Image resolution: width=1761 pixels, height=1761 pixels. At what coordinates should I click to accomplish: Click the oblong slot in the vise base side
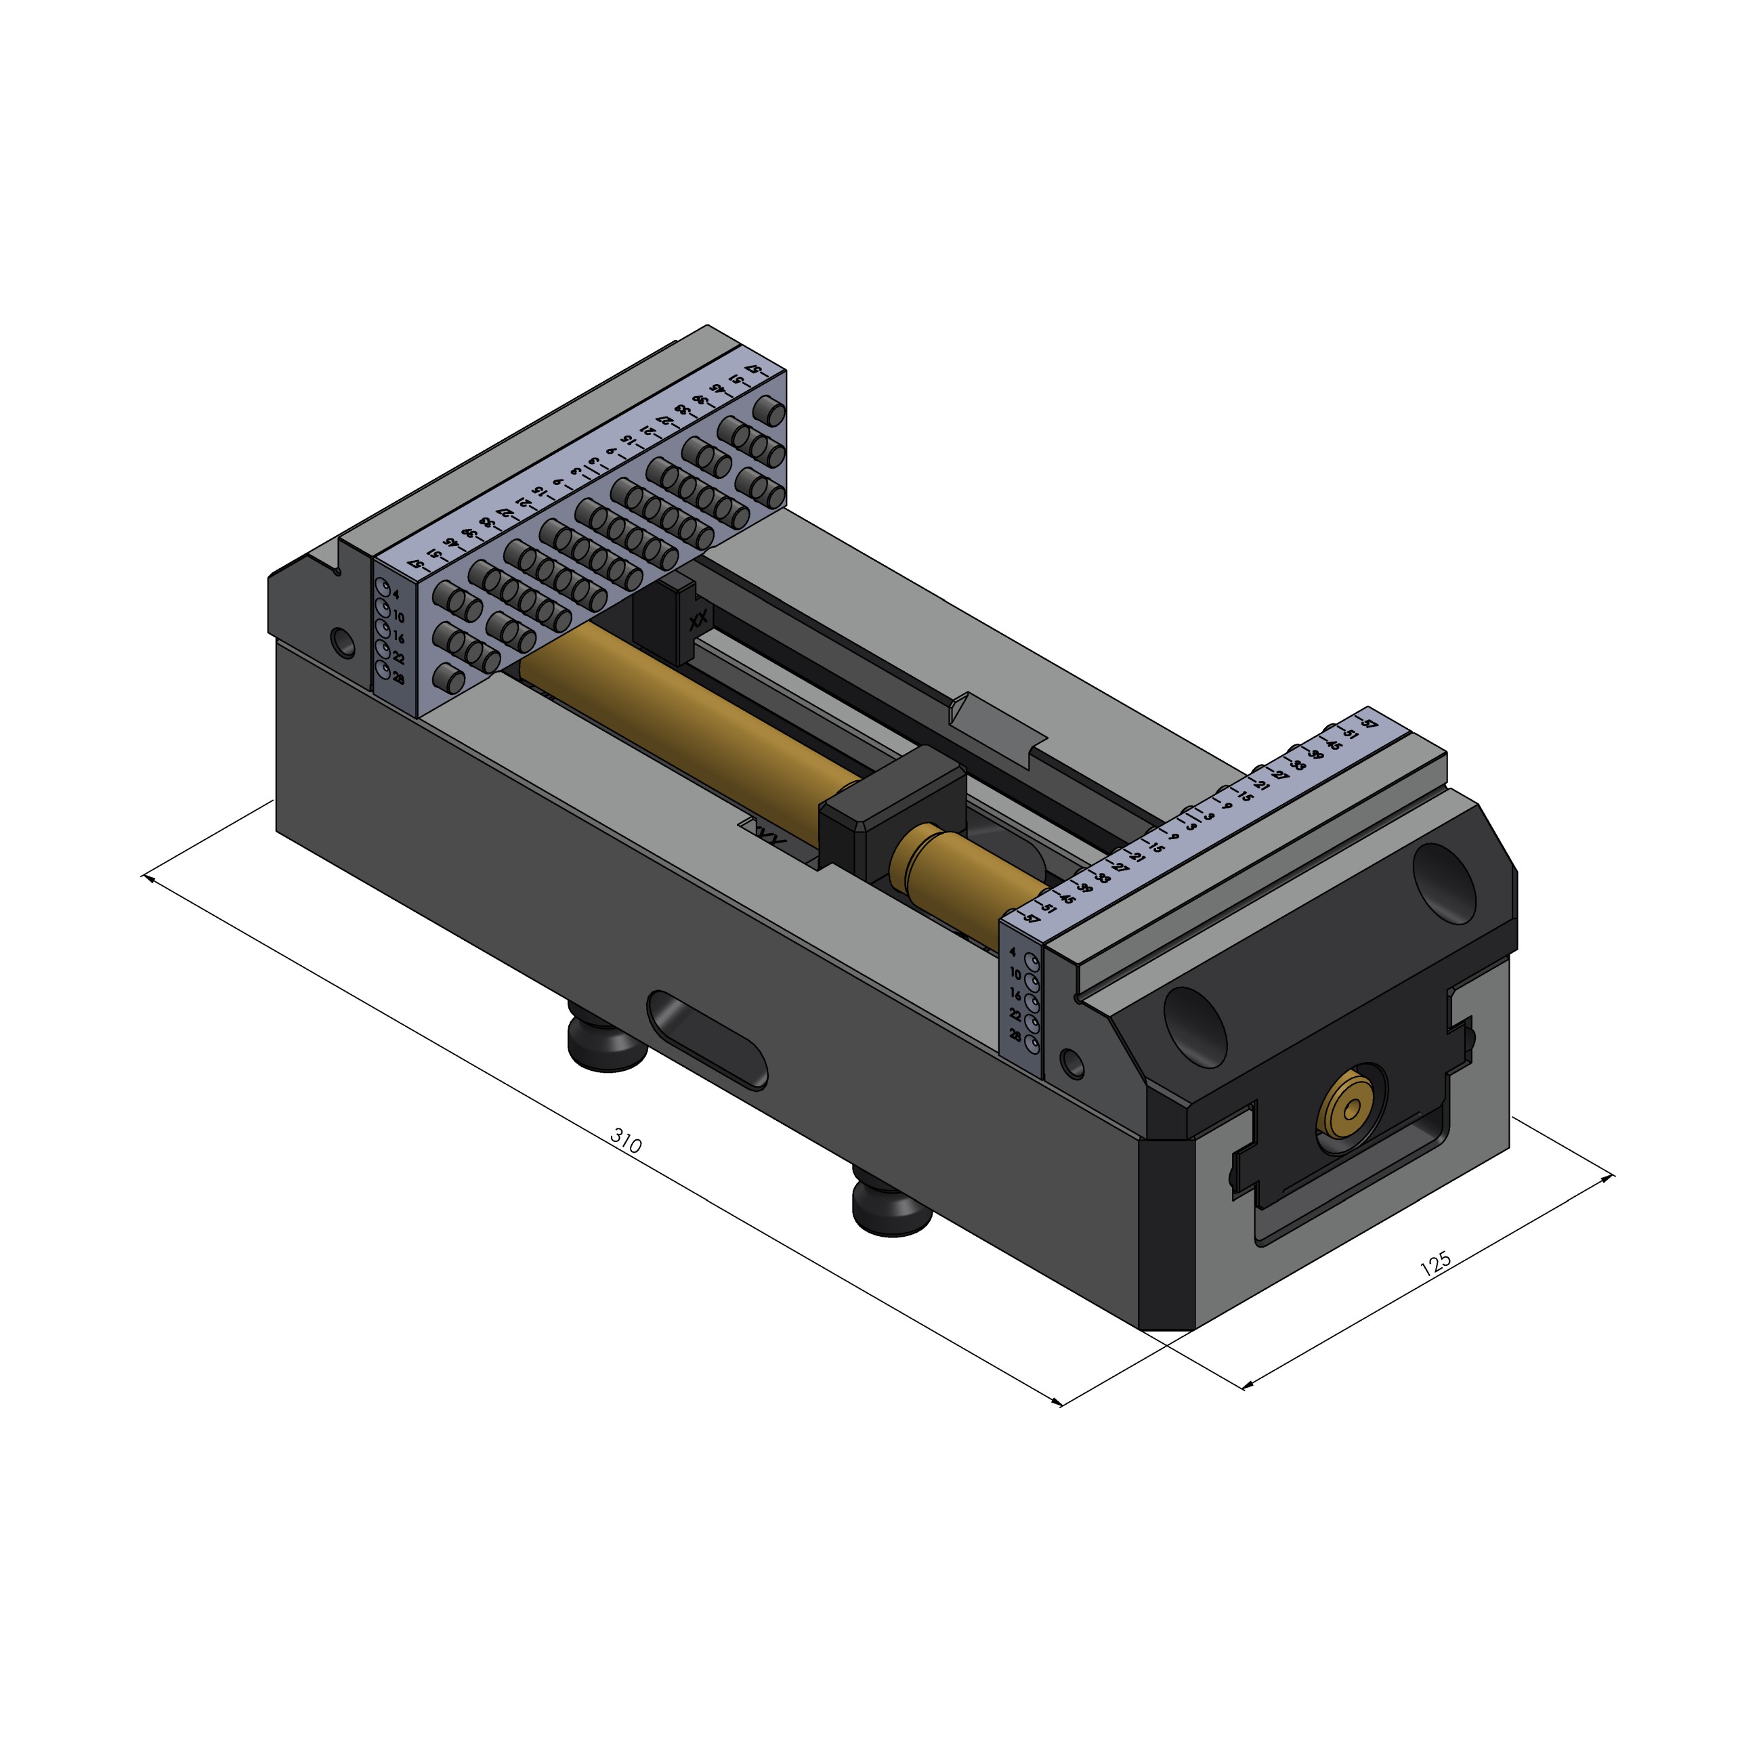(x=707, y=1039)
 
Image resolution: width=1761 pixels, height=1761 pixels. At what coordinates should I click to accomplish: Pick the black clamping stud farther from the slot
(x=891, y=1208)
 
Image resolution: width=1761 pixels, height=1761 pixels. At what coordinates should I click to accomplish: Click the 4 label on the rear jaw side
(x=395, y=594)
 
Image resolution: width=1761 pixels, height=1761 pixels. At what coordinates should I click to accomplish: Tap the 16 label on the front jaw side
(x=1015, y=996)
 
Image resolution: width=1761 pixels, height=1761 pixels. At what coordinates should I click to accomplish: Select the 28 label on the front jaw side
(x=1015, y=1036)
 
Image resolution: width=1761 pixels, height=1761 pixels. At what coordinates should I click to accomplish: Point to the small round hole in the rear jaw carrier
(x=343, y=641)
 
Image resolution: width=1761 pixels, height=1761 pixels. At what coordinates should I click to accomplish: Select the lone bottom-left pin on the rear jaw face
(x=446, y=677)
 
